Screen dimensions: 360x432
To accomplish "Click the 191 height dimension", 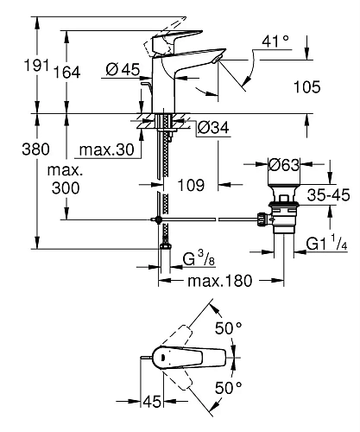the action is [36, 65].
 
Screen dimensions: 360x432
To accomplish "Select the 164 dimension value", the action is [67, 73].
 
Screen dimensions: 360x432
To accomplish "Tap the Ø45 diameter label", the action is [123, 69].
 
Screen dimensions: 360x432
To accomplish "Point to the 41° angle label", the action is [275, 41].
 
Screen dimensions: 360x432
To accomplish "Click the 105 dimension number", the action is [306, 87].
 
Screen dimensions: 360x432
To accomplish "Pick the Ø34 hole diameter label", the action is [213, 127].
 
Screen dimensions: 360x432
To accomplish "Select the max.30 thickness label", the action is [107, 149].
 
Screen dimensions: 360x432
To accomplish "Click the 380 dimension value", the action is [35, 149].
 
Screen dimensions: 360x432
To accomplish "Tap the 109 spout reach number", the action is [191, 185].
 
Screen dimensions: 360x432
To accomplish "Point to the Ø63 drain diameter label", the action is [284, 165].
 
